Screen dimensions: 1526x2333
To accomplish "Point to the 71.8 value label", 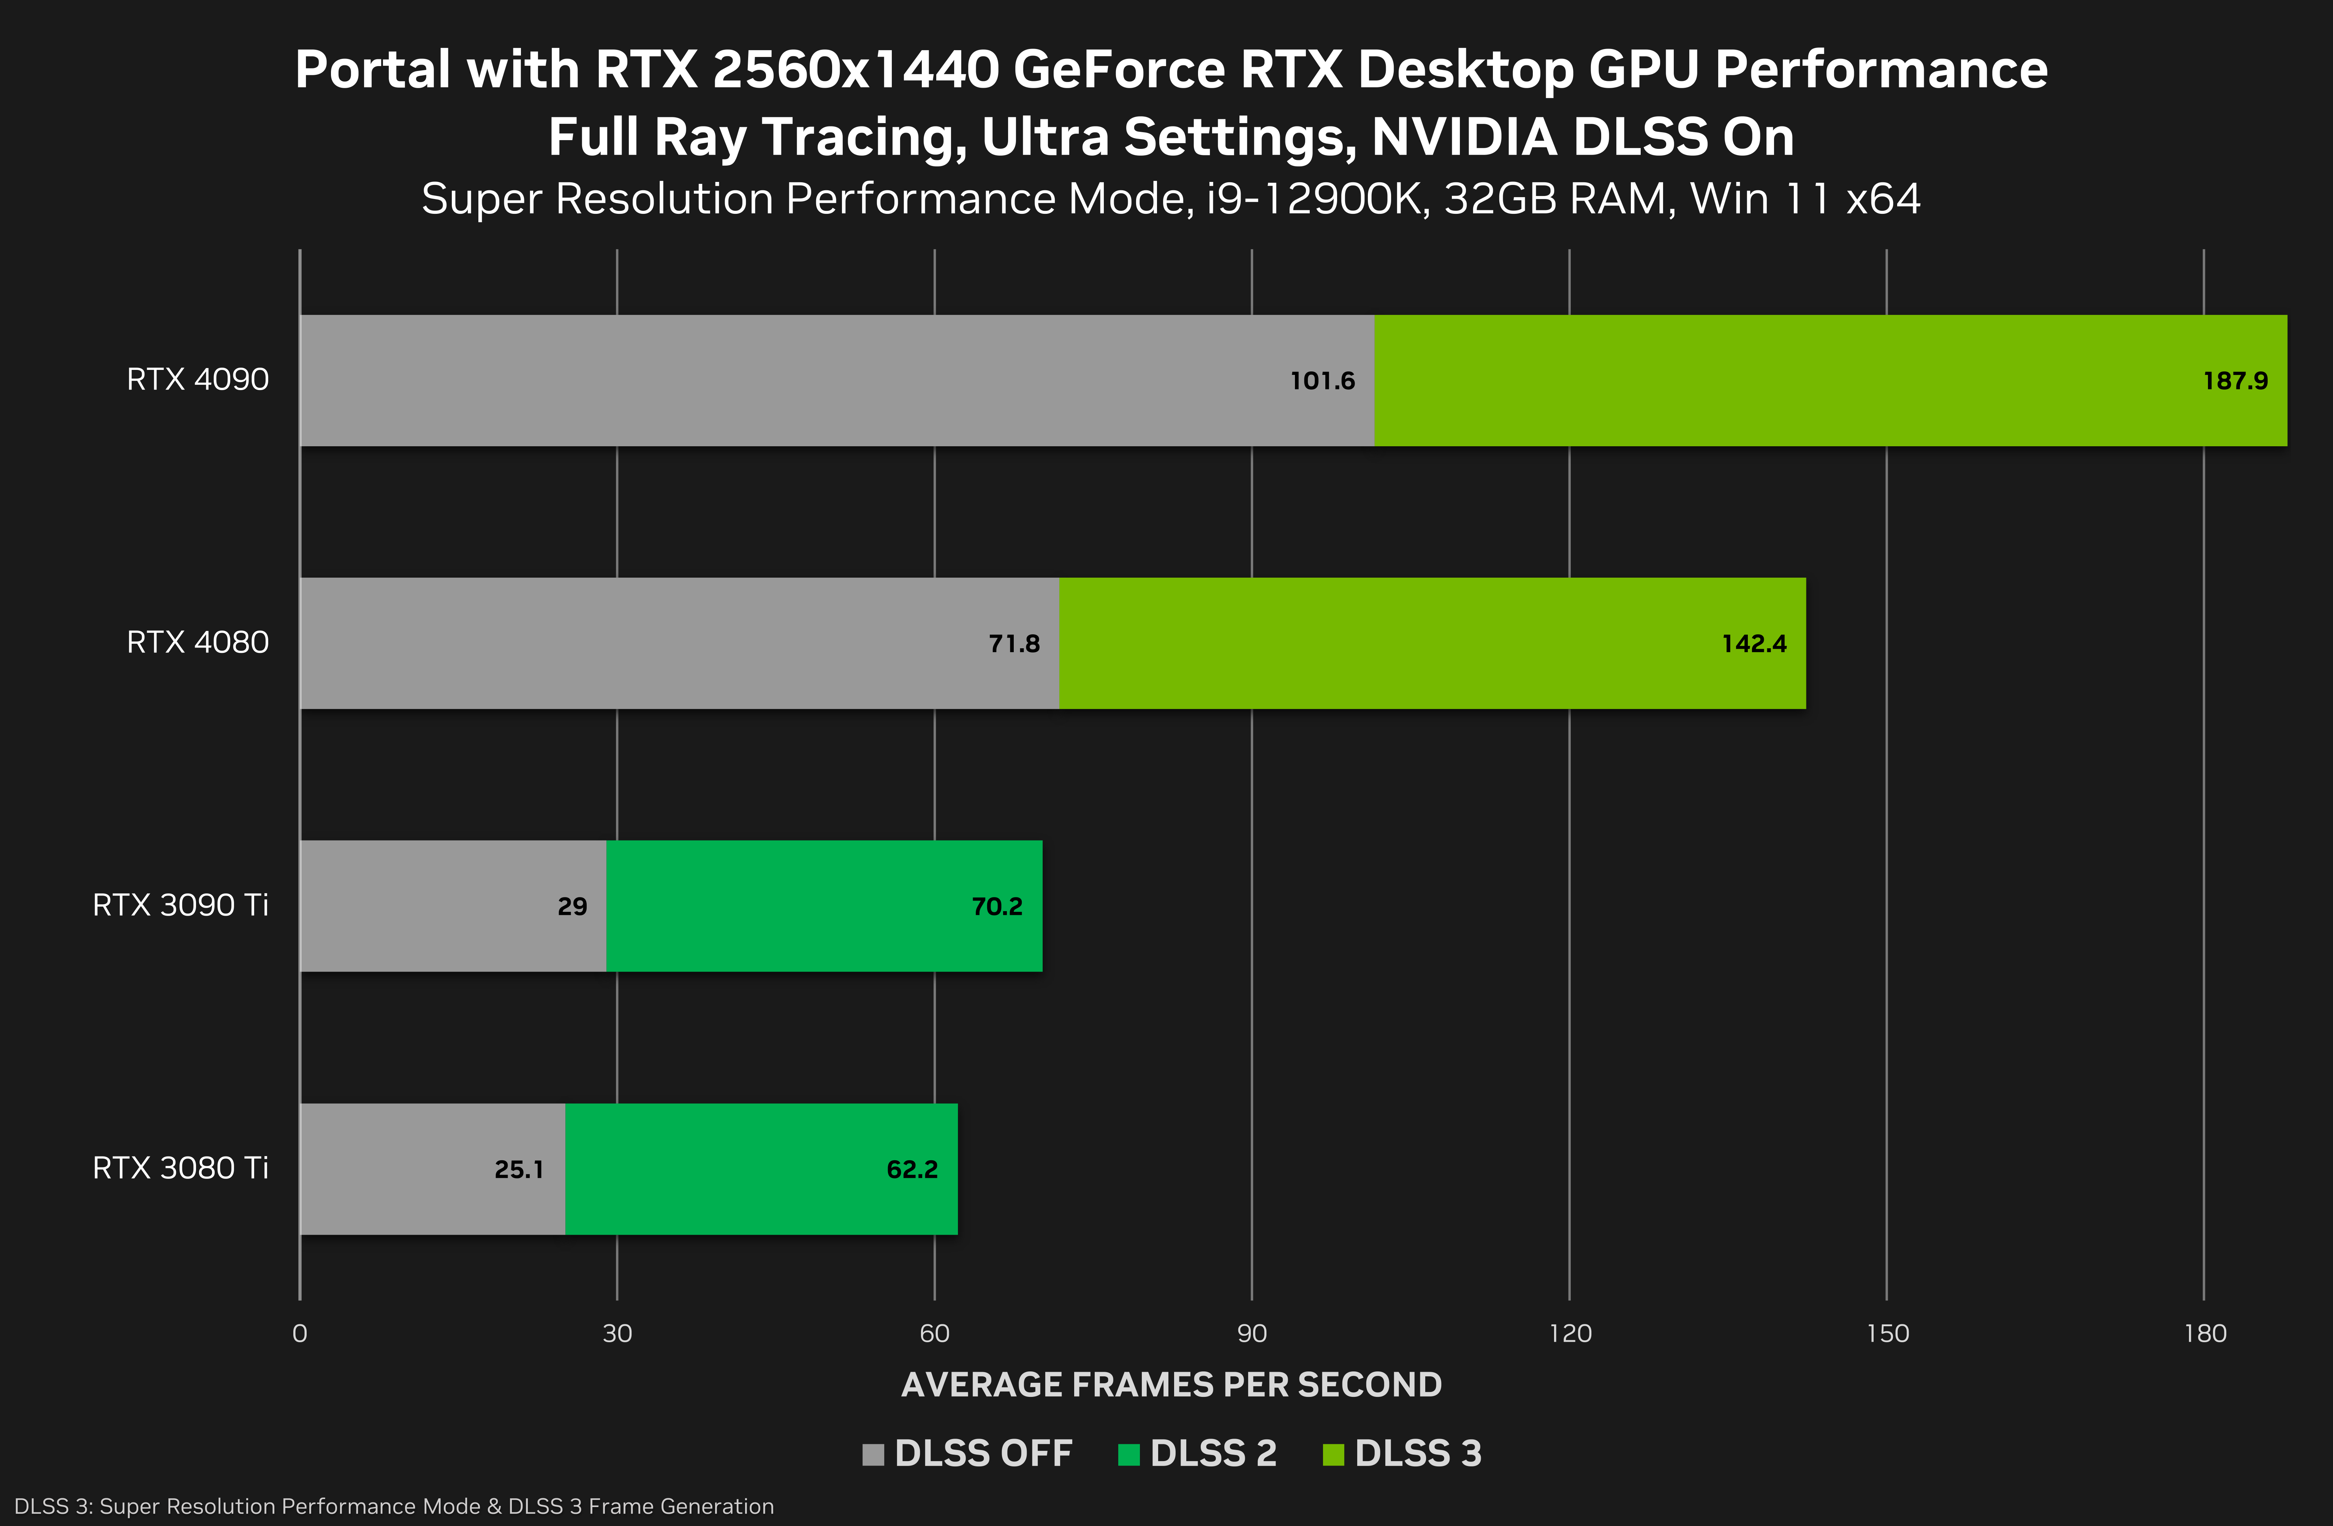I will (x=1014, y=644).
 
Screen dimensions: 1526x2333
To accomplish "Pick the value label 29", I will (x=573, y=907).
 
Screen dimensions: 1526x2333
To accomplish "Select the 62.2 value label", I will (x=912, y=1169).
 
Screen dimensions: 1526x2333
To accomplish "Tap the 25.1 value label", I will (x=519, y=1169).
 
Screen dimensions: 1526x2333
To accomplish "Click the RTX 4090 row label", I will (x=197, y=379).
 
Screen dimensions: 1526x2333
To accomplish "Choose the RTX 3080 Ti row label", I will (x=180, y=1168).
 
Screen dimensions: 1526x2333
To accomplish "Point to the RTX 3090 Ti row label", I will (x=180, y=905).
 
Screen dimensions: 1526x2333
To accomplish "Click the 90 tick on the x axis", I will (x=1252, y=1333).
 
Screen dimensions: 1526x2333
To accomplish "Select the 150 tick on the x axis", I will (x=1887, y=1333).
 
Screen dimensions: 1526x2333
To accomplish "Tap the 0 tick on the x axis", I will (x=300, y=1333).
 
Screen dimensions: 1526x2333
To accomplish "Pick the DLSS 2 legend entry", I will (x=1198, y=1453).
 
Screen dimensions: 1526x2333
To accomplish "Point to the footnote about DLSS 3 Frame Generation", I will (x=394, y=1506).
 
